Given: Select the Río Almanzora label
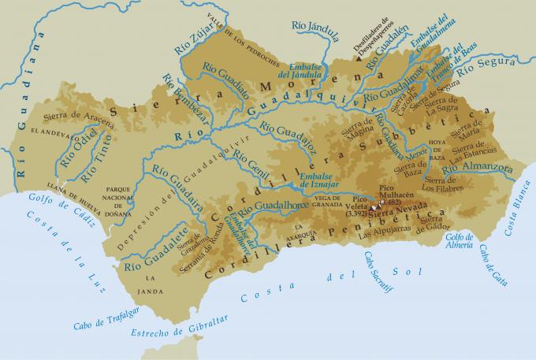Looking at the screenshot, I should click(x=478, y=167).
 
